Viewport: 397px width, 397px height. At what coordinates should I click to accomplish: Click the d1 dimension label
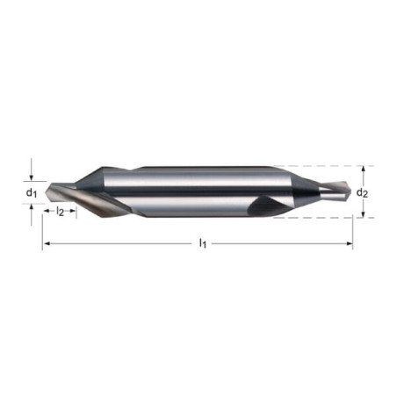(x=32, y=192)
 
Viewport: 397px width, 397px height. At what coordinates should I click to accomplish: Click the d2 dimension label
(x=362, y=192)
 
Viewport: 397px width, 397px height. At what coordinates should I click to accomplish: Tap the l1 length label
(x=203, y=242)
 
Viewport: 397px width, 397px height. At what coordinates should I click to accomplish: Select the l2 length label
(x=60, y=211)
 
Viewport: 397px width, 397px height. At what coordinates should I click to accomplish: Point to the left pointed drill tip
(x=46, y=192)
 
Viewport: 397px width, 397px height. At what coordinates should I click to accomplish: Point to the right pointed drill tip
(x=350, y=191)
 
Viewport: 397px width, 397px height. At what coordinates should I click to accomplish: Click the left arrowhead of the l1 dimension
(x=46, y=243)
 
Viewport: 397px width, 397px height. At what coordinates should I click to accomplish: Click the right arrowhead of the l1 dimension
(x=350, y=243)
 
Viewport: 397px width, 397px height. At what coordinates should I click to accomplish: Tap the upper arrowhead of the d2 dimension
(x=363, y=169)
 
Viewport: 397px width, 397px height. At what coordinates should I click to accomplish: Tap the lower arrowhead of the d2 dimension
(x=363, y=214)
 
